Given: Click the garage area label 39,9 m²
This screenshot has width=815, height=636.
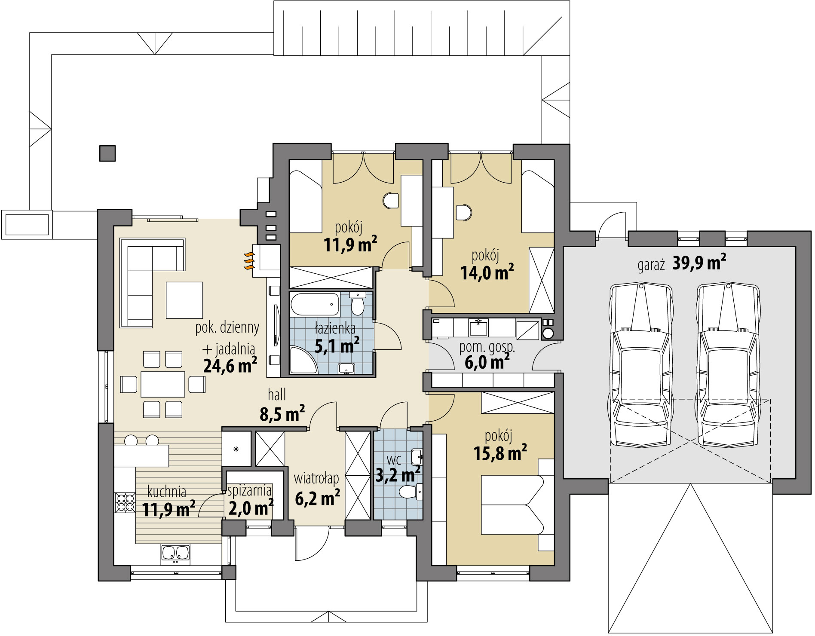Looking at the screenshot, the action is [x=699, y=263].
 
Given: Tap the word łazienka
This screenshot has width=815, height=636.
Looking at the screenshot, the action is [x=335, y=329].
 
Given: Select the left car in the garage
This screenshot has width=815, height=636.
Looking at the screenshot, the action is [x=640, y=365].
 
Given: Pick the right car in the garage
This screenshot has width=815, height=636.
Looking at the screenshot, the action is [x=727, y=365].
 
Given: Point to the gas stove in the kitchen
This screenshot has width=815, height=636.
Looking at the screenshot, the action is [x=125, y=502].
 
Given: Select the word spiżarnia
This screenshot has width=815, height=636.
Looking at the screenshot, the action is [x=249, y=490].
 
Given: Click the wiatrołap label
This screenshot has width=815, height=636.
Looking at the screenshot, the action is [x=316, y=478].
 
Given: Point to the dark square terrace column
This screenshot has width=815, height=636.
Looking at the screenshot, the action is [x=107, y=153].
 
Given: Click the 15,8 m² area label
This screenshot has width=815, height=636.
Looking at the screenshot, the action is [x=500, y=453].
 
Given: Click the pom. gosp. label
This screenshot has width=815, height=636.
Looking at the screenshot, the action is [x=487, y=348].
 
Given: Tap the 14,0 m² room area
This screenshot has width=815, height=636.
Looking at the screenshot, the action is [x=487, y=272].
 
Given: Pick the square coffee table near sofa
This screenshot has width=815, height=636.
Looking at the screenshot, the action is [x=184, y=300].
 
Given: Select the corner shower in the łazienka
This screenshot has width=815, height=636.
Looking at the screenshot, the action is [x=303, y=360].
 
